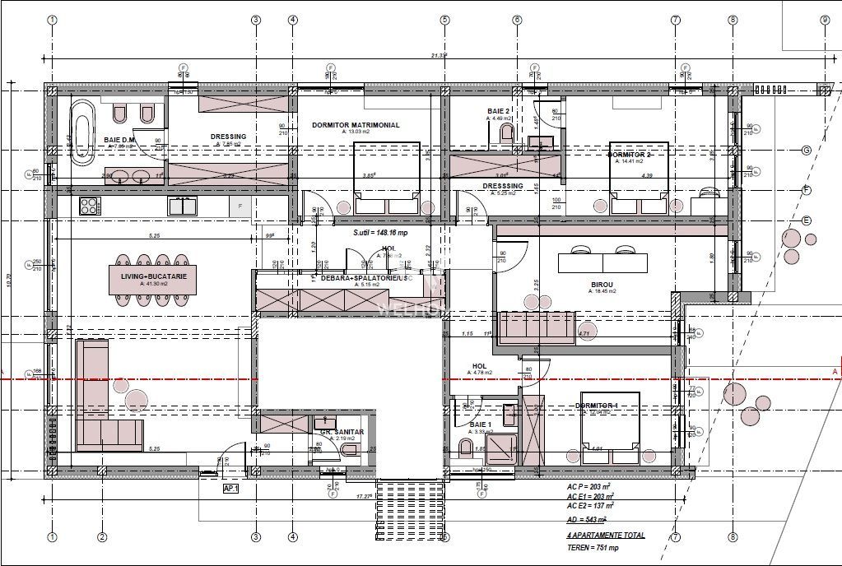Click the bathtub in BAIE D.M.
[x=82, y=132]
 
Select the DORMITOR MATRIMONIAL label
[x=356, y=125]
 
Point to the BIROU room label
[x=602, y=284]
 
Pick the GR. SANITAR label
[x=337, y=432]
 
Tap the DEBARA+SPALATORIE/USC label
[x=360, y=279]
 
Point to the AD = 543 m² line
[x=587, y=520]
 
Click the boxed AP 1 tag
[x=230, y=488]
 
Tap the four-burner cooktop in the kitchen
[x=89, y=205]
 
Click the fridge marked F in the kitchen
[x=240, y=206]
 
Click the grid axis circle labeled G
[x=807, y=151]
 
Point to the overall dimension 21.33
[x=439, y=56]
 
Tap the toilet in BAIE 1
[x=466, y=448]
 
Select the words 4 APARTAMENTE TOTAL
[x=606, y=535]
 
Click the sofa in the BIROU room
[x=537, y=327]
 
